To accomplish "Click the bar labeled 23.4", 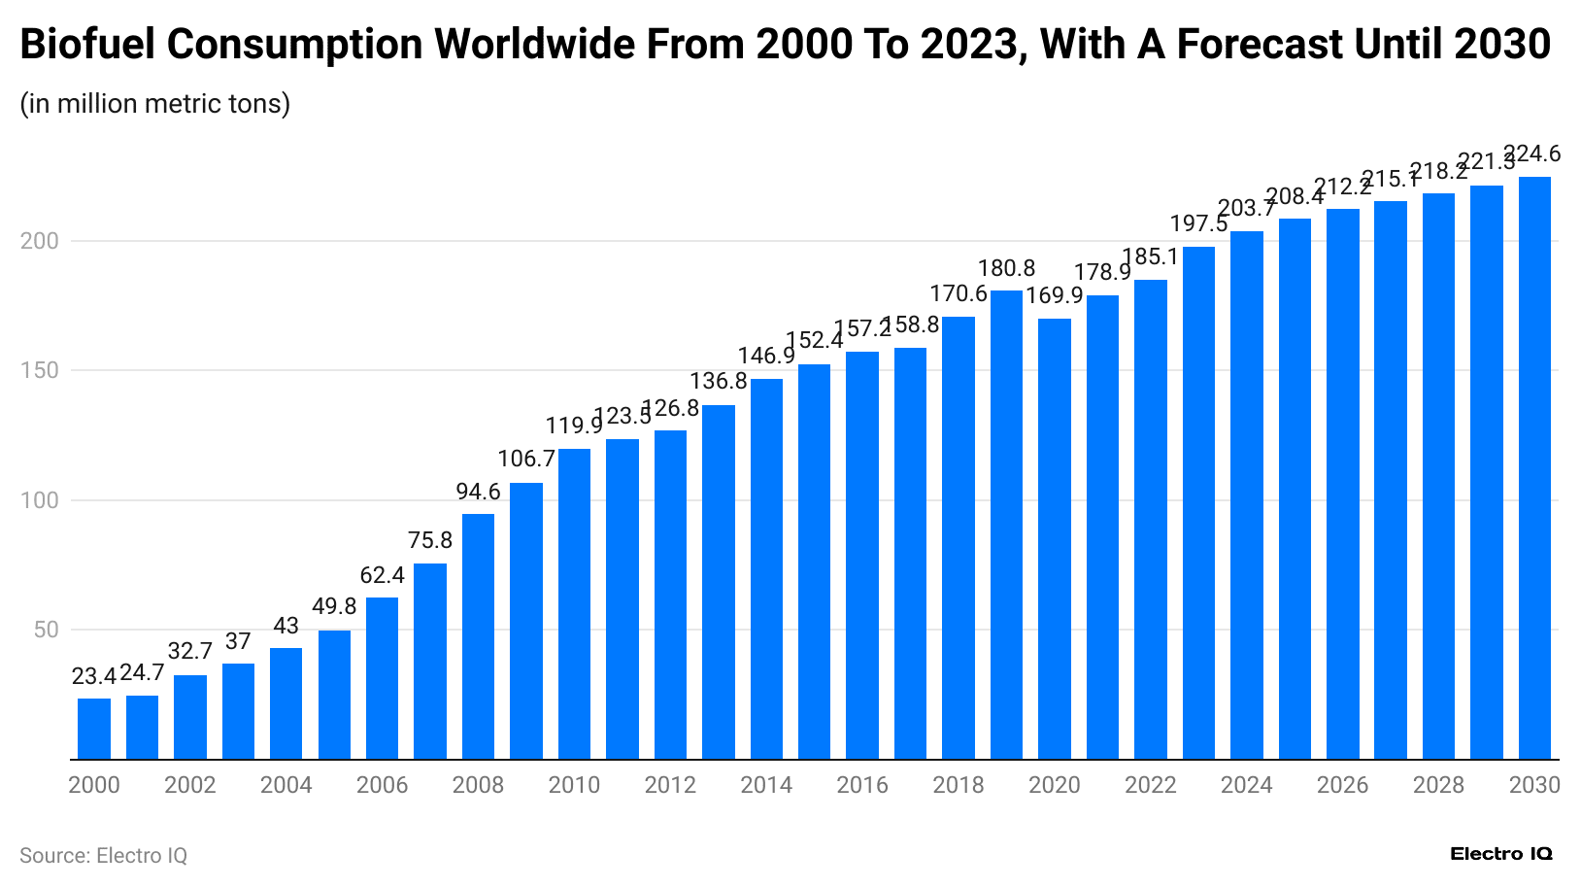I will [x=94, y=729].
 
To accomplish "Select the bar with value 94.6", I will [x=478, y=636].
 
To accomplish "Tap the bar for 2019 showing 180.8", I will [x=1006, y=525].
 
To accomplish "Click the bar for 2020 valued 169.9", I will [x=1055, y=539].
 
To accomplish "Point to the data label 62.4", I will [x=383, y=575].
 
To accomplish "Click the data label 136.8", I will [x=719, y=381].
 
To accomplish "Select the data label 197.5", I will [x=1198, y=223].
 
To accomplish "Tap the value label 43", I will [x=286, y=626].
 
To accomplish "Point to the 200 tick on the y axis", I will [x=40, y=241].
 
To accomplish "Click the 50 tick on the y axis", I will [x=46, y=630].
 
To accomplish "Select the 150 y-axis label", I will [x=40, y=370].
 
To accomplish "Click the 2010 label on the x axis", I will [x=574, y=785].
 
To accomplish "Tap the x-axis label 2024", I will [x=1246, y=785].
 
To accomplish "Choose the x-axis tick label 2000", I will [x=94, y=785].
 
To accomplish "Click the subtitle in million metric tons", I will [x=155, y=103].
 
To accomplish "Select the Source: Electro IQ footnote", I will [x=103, y=856].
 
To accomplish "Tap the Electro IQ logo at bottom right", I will [x=1500, y=854].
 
